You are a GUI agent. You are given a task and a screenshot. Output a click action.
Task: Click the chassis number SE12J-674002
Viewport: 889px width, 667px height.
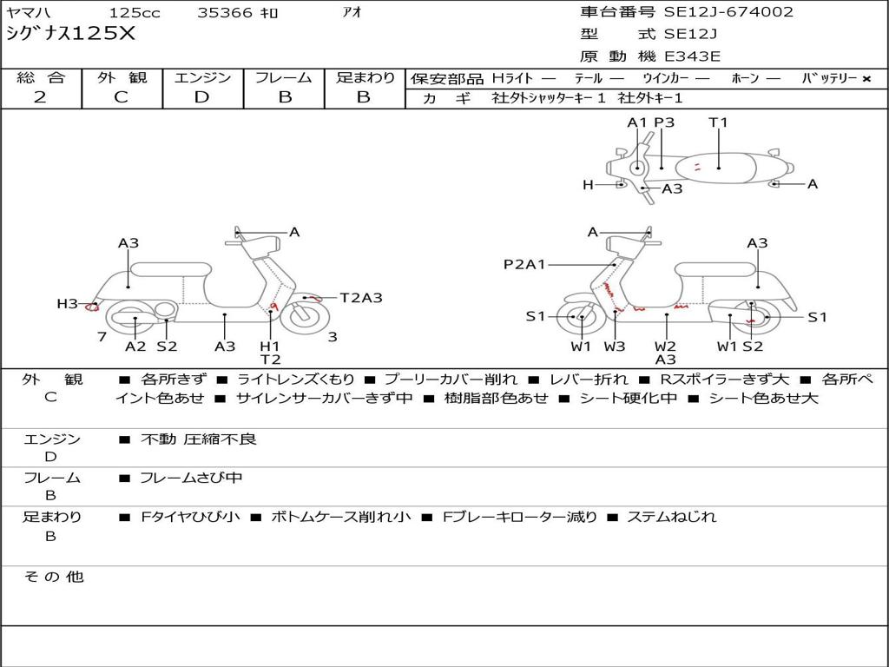(x=728, y=12)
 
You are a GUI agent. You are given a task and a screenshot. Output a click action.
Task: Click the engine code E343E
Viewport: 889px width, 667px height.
(x=692, y=56)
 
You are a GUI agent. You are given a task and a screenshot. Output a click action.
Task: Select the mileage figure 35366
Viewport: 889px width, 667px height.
(x=225, y=12)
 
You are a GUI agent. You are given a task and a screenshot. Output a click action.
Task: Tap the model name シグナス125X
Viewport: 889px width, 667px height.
(x=71, y=34)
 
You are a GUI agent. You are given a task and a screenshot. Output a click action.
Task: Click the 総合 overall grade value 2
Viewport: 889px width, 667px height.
(x=40, y=97)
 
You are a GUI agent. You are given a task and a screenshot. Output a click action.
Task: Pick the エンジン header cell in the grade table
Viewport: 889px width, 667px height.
(x=202, y=77)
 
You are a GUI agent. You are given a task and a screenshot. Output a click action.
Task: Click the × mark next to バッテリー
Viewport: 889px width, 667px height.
(x=866, y=79)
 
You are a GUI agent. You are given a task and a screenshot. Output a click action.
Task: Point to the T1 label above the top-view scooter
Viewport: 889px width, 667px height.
(x=718, y=122)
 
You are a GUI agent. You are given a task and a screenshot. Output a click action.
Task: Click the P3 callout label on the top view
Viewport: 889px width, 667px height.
(x=664, y=122)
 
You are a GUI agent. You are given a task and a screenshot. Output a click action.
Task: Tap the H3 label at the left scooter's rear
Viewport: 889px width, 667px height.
(x=67, y=304)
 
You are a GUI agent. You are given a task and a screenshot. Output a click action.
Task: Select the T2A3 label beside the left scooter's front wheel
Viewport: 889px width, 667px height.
(x=361, y=298)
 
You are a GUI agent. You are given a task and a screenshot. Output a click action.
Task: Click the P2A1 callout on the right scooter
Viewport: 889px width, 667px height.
(x=524, y=264)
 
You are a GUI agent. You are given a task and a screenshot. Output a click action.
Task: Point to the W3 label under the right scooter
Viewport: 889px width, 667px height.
(x=615, y=347)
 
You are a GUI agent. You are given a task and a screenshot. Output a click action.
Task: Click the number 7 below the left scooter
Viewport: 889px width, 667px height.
(x=102, y=337)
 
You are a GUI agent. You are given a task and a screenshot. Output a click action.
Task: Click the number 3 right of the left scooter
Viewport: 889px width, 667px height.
(x=333, y=337)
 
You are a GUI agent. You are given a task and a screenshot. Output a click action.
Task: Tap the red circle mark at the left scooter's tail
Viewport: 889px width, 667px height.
(x=91, y=307)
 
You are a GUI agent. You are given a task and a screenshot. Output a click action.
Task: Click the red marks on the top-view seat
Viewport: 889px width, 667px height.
(x=697, y=166)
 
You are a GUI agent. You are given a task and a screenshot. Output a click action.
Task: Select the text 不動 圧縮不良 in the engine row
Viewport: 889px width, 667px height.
(x=199, y=439)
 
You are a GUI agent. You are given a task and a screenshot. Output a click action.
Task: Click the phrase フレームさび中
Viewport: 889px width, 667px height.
(x=191, y=479)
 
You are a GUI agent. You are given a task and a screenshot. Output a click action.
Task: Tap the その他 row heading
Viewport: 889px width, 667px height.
(x=54, y=577)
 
